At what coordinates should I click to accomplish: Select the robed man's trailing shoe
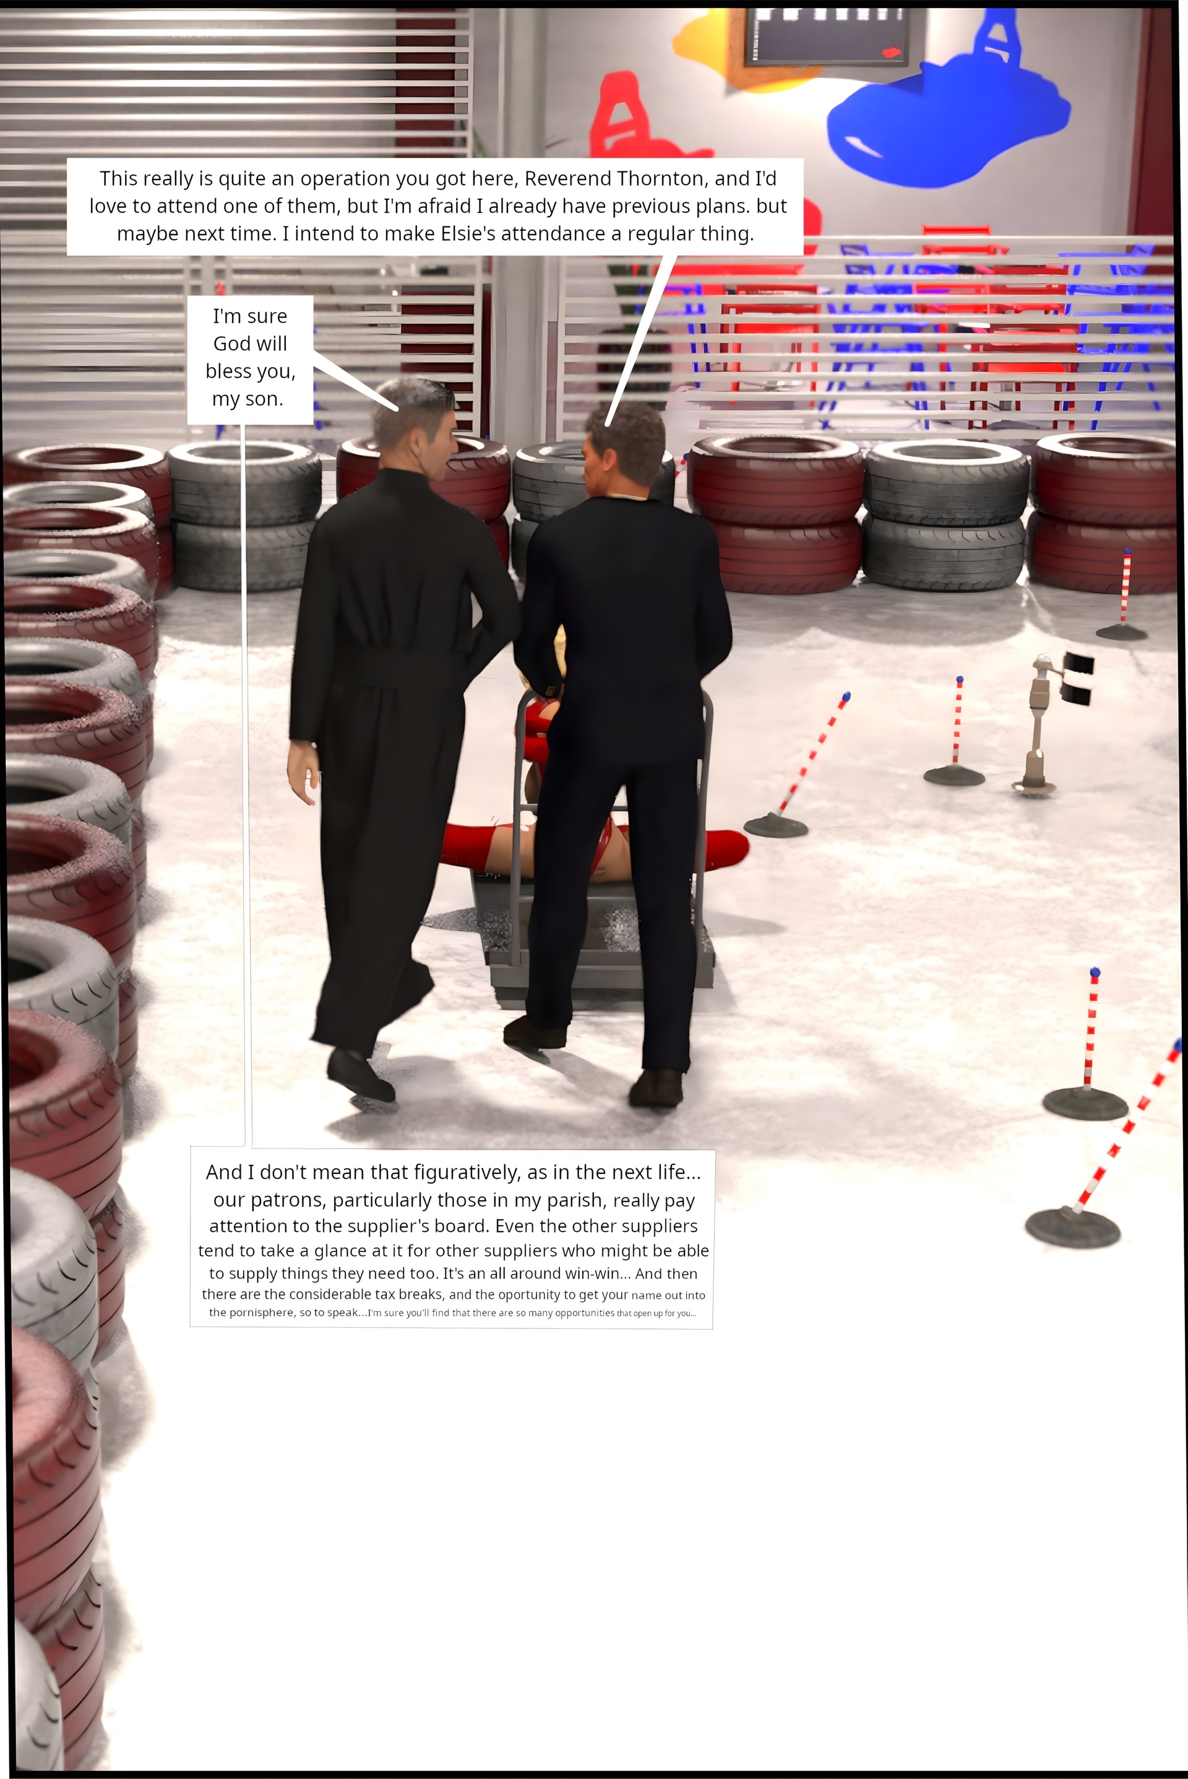(360, 1073)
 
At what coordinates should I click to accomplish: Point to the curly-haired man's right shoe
(656, 1088)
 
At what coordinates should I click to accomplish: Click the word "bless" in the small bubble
(230, 371)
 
